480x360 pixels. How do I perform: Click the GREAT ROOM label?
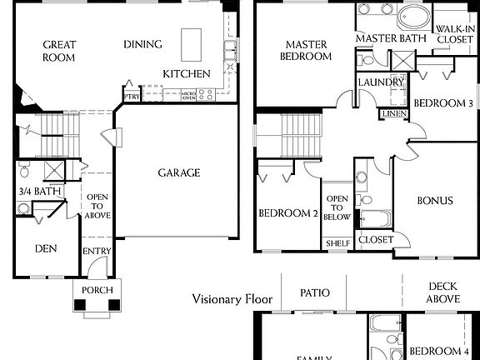point(59,51)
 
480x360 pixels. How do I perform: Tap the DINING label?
point(142,44)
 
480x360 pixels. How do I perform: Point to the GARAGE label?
point(179,173)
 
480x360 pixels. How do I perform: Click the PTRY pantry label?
point(131,96)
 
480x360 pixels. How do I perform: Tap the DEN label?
point(45,248)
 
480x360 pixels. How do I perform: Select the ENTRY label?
point(93,252)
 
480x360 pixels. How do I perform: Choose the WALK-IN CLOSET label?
point(455,33)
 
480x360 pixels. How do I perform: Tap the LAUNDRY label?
point(380,82)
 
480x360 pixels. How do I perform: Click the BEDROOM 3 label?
point(443,103)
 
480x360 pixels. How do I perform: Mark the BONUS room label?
point(435,201)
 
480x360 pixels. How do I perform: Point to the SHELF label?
point(337,243)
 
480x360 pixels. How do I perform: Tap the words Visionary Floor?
point(231,298)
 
